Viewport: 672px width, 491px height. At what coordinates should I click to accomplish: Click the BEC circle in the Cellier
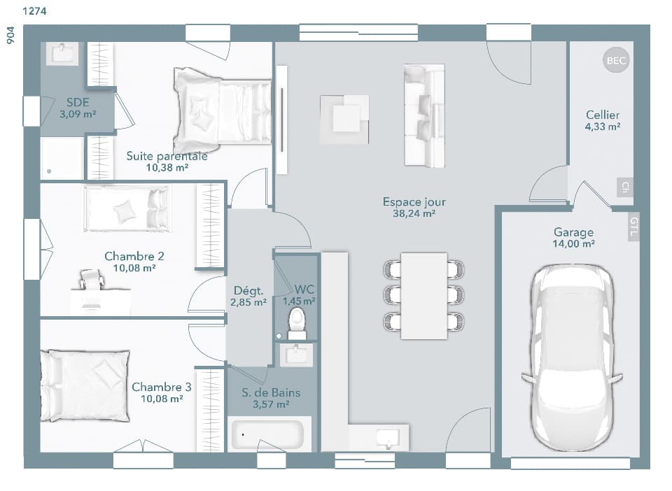(616, 61)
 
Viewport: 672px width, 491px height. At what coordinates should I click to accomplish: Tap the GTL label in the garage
(633, 227)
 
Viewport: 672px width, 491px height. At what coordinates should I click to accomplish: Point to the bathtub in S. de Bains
(268, 434)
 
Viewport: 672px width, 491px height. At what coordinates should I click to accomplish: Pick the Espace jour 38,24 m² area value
(414, 214)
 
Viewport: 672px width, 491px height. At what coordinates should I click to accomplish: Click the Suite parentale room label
(167, 156)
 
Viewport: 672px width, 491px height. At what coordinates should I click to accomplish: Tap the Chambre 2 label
(129, 256)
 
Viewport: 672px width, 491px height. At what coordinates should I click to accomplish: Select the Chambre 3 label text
(161, 387)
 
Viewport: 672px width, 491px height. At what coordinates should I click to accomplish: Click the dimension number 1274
(35, 11)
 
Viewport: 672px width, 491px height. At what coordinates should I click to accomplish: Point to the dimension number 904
(10, 36)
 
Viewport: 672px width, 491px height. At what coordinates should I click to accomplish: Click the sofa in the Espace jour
(424, 115)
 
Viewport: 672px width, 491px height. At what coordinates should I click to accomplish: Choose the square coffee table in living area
(344, 119)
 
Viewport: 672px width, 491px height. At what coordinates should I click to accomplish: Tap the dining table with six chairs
(423, 295)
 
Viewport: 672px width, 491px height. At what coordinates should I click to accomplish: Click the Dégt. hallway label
(248, 290)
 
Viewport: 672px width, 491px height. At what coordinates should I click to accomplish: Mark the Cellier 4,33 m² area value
(603, 127)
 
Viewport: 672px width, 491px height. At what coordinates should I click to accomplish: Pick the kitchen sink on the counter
(386, 437)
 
